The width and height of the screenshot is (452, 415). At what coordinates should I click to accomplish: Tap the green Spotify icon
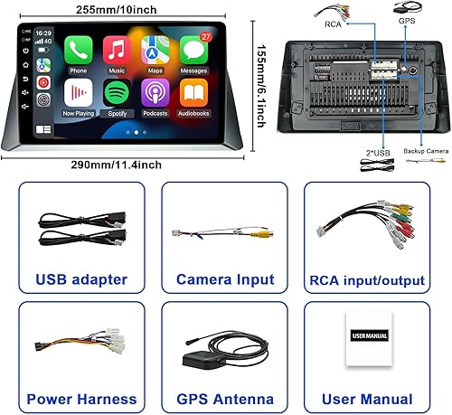pyautogui.click(x=116, y=93)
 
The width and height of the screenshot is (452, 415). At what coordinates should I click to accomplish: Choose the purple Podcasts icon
pyautogui.click(x=155, y=93)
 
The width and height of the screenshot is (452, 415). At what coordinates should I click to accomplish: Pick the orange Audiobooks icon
pyautogui.click(x=193, y=93)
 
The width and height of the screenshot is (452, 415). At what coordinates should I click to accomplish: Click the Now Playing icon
pyautogui.click(x=79, y=93)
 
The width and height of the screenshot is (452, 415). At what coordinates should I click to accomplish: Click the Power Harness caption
pyautogui.click(x=81, y=399)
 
